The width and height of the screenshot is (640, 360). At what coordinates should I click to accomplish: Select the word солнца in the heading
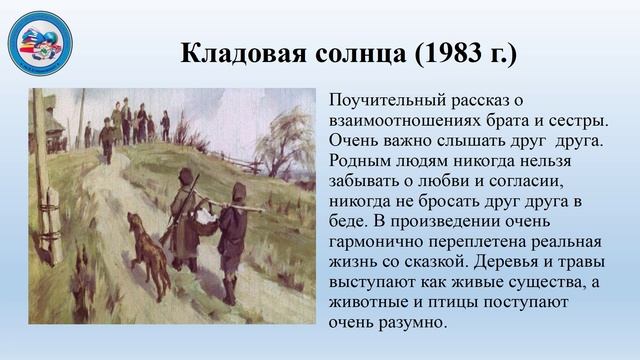[350, 52]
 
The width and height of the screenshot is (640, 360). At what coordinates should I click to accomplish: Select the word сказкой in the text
[436, 263]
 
